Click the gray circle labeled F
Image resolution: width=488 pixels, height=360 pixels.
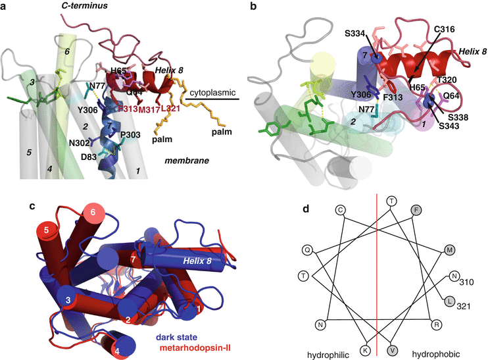416,209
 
